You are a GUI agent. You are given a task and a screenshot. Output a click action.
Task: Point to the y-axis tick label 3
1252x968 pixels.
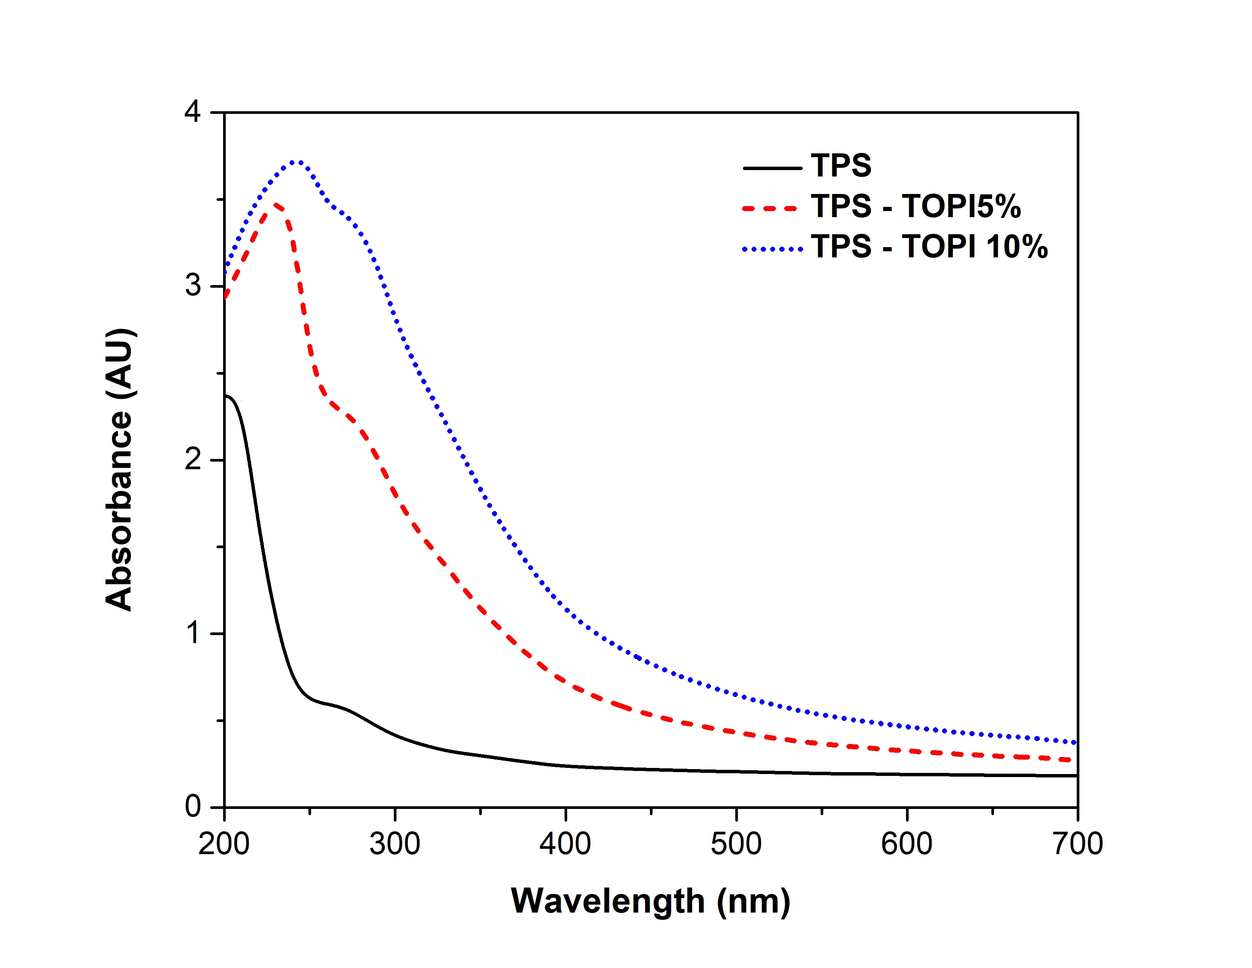tap(193, 285)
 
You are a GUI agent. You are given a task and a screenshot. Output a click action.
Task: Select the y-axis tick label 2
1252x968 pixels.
tap(193, 459)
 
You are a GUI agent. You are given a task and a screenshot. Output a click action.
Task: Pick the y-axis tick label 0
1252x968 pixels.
tap(193, 806)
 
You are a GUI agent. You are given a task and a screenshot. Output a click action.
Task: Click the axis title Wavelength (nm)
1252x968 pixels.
tap(651, 902)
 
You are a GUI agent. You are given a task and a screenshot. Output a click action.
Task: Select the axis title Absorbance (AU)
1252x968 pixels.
tap(119, 470)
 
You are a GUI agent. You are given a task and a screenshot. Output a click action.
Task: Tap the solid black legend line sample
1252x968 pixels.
tap(772, 168)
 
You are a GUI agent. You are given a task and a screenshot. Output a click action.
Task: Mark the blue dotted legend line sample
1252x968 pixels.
tap(772, 249)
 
